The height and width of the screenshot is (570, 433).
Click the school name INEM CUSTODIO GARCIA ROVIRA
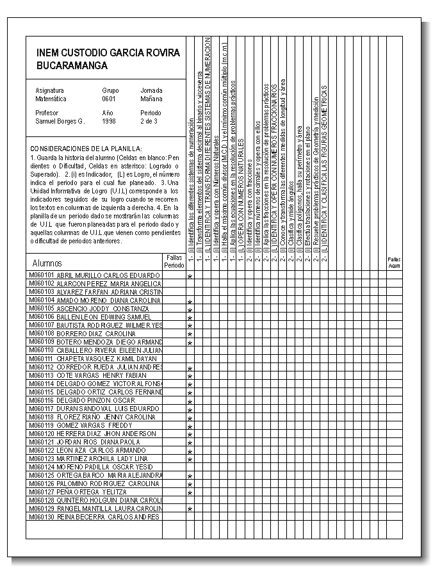coord(108,53)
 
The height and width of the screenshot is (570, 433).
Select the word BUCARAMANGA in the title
coord(72,65)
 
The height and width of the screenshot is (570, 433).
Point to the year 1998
coord(108,120)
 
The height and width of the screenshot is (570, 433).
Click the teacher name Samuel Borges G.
coord(60,120)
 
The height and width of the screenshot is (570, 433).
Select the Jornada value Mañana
coord(151,99)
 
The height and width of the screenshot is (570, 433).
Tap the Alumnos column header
coord(47,263)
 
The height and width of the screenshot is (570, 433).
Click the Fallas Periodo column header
coord(174,261)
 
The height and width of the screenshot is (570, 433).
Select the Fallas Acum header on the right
coord(394,261)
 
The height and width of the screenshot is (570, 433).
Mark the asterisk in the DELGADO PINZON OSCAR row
coord(190,402)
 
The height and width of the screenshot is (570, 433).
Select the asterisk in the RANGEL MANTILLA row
coord(190,509)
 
